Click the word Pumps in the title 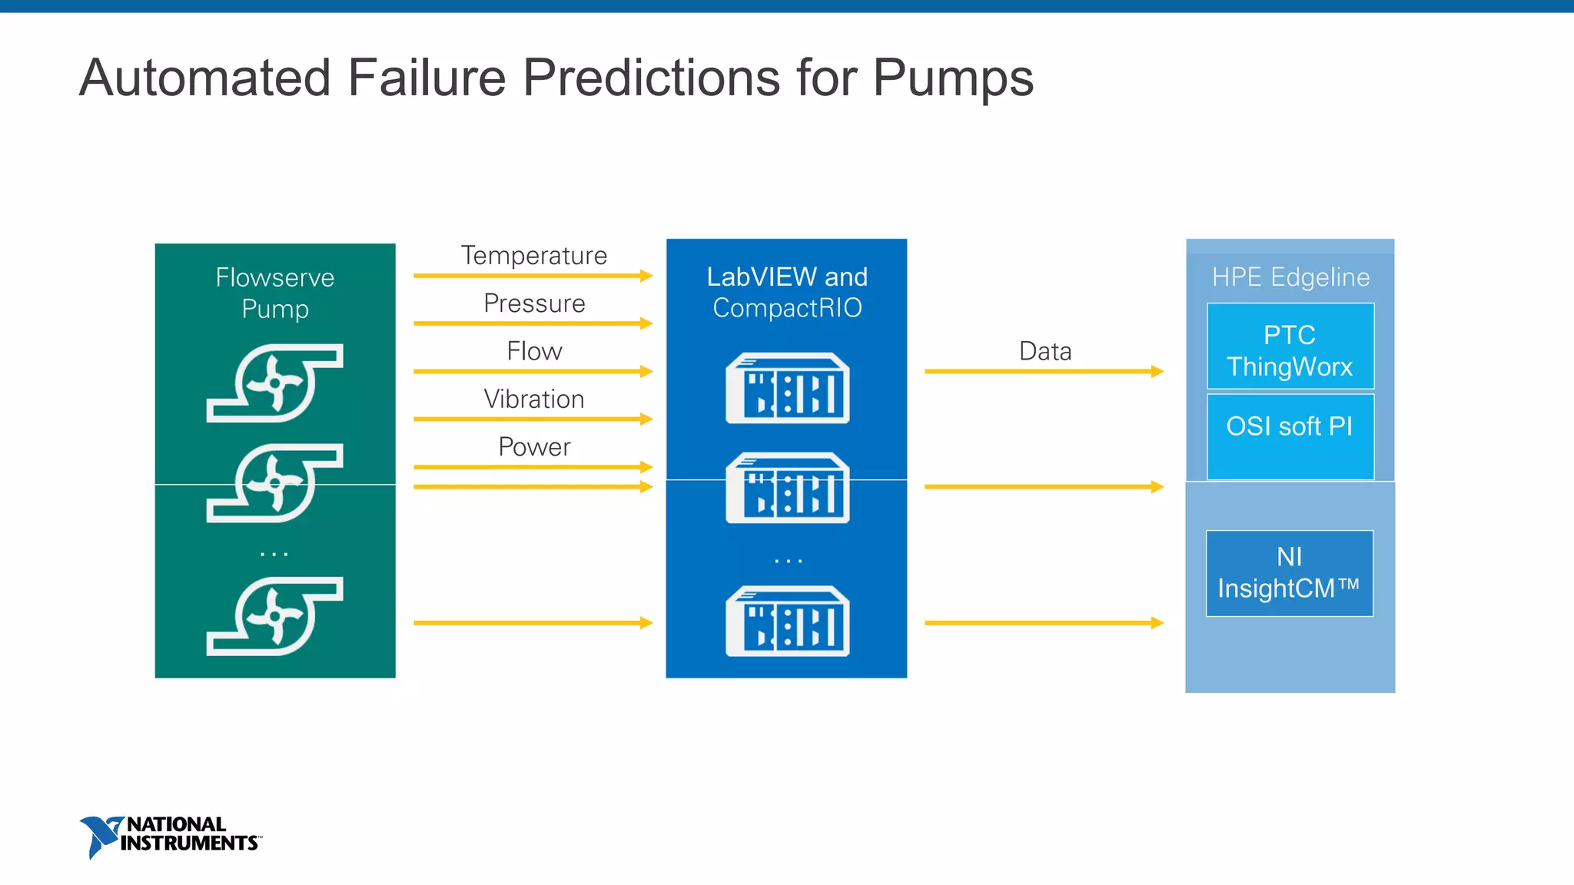point(953,78)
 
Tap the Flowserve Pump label point(275,293)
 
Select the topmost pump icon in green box point(275,383)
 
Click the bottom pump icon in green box point(275,616)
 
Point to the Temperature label point(534,256)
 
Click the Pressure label point(534,303)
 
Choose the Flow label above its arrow point(534,351)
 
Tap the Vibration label point(534,399)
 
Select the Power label point(534,447)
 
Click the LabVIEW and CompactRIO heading point(787,292)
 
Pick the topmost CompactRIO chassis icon point(788,388)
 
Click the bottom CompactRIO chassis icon point(788,621)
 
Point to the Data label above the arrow point(1044,351)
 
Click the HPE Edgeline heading point(1290,277)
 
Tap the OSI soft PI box point(1290,436)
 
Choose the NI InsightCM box point(1290,573)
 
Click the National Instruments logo point(171,836)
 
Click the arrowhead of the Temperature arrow point(646,276)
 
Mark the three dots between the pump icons point(274,553)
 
